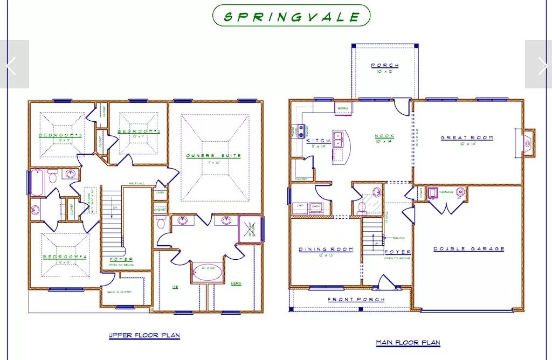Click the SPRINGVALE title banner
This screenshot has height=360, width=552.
[292, 16]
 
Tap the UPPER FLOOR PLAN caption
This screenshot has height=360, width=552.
[144, 335]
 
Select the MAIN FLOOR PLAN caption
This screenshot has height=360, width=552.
[408, 342]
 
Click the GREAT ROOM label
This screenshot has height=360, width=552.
[467, 138]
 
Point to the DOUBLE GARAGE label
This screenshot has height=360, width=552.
[469, 249]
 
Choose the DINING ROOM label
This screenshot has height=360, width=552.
[326, 250]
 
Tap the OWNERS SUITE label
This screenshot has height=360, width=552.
[213, 156]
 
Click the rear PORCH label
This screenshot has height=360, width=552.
[385, 66]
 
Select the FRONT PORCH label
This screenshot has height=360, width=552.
[356, 300]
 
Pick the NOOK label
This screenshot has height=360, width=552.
[385, 137]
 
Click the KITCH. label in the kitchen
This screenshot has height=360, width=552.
[319, 141]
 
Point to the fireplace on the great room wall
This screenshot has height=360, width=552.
[528, 143]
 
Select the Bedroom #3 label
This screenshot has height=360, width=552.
[60, 135]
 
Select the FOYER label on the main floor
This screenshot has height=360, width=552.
[398, 252]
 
